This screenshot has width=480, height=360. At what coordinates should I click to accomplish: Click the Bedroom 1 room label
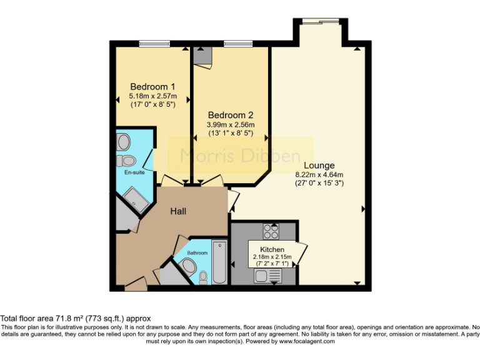(152, 86)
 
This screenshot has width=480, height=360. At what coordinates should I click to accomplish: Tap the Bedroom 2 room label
(231, 115)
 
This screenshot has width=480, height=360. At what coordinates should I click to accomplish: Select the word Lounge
(319, 165)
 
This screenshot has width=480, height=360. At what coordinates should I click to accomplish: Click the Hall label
(179, 211)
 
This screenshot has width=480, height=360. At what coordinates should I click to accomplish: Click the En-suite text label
(132, 172)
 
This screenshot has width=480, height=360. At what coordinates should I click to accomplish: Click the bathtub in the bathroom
(220, 261)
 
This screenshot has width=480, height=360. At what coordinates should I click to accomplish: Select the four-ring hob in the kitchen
(271, 232)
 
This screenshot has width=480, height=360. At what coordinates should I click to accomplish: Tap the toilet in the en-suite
(125, 157)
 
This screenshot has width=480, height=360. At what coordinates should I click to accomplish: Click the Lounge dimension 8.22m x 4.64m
(319, 174)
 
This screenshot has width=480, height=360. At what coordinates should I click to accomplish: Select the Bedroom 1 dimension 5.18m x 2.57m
(152, 96)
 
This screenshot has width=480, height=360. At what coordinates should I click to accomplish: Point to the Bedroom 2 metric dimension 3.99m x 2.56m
(231, 125)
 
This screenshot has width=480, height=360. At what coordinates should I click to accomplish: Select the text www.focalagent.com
(307, 341)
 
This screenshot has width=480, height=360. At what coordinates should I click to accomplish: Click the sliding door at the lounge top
(319, 21)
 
